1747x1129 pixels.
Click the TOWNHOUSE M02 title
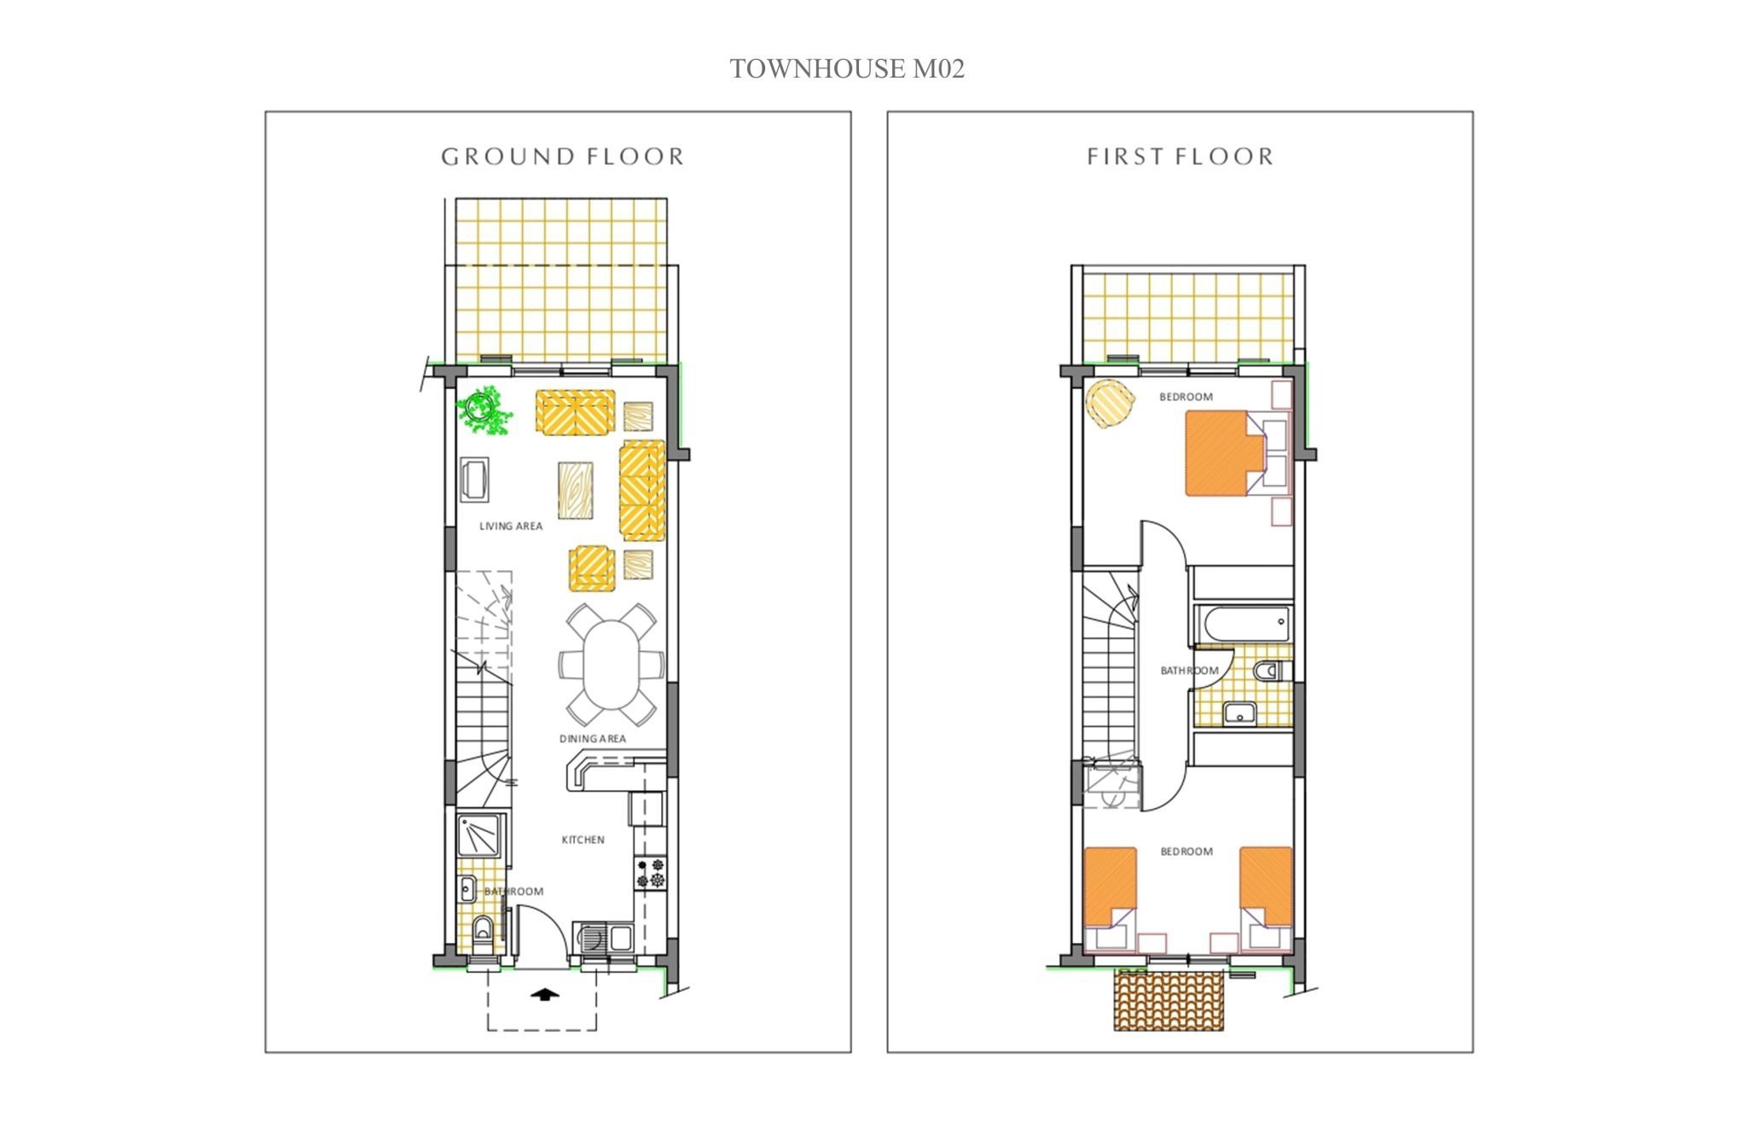coord(847,69)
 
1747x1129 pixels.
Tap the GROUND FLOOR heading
coord(563,157)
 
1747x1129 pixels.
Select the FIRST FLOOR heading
coord(1181,157)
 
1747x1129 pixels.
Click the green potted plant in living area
coord(485,410)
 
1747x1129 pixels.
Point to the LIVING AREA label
coord(511,527)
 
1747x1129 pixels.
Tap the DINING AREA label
coord(593,739)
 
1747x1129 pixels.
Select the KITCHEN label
coord(583,840)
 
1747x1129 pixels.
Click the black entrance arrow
coord(544,993)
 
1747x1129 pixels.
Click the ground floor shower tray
coord(479,835)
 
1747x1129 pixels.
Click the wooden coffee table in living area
coord(576,490)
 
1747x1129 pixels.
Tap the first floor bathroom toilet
coord(1271,672)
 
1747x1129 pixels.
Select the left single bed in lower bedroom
coord(1110,887)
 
